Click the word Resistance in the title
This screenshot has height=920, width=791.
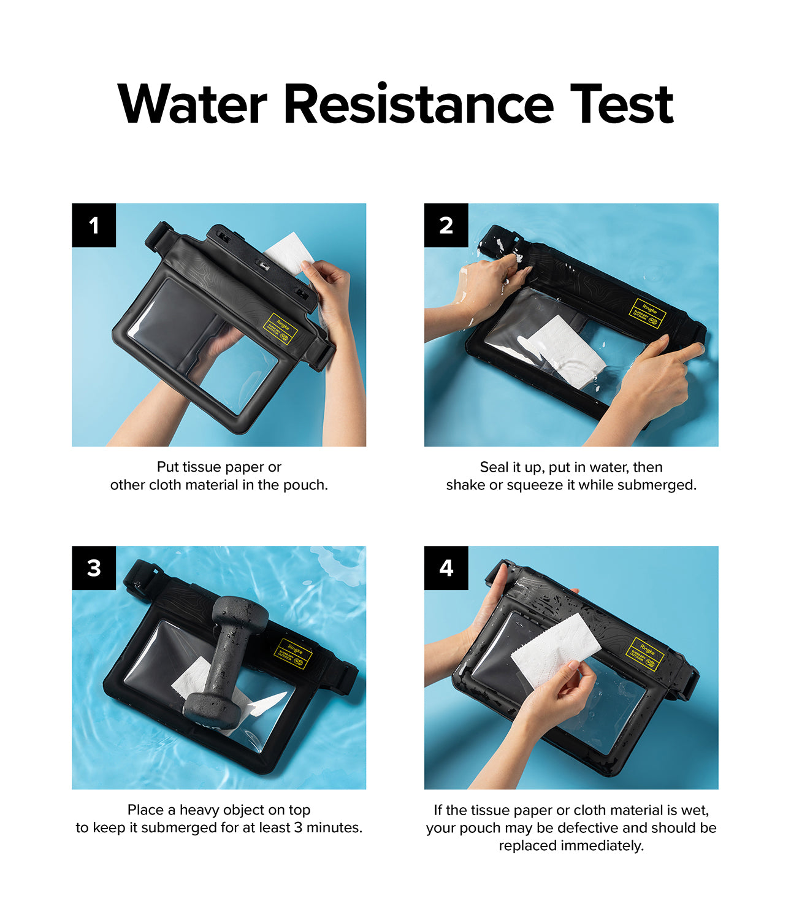(418, 104)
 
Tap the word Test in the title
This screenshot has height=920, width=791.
(621, 104)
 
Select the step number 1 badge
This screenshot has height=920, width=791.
(94, 225)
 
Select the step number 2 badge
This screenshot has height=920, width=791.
(446, 225)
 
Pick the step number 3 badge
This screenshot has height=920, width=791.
(94, 568)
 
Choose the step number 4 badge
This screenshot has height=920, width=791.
(446, 568)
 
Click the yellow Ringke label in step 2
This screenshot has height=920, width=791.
(646, 313)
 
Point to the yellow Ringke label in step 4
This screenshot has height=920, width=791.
(644, 654)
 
